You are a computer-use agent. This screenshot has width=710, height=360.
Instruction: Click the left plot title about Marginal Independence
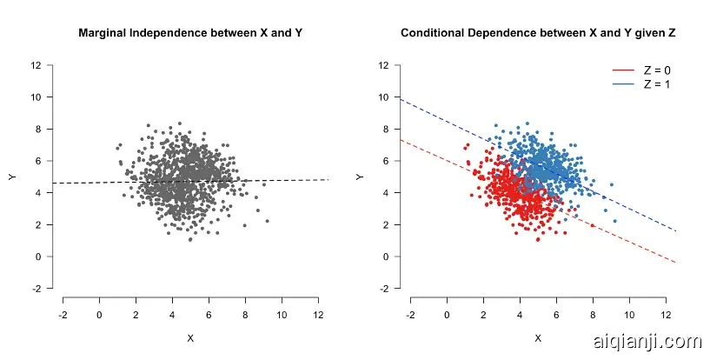click(189, 34)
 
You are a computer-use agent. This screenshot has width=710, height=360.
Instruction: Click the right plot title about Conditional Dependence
click(538, 34)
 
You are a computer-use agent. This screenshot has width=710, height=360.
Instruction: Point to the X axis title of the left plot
click(189, 337)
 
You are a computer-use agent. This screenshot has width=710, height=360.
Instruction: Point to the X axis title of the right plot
click(538, 337)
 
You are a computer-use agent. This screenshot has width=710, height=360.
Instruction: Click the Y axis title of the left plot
click(11, 177)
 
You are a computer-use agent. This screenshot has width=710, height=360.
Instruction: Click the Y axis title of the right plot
click(359, 177)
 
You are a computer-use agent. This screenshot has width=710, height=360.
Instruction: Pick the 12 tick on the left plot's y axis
click(36, 65)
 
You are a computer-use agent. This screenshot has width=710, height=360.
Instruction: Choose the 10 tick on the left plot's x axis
click(282, 314)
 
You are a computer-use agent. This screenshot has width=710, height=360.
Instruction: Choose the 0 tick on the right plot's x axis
click(447, 314)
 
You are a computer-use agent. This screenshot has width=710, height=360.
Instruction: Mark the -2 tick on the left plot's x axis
click(63, 314)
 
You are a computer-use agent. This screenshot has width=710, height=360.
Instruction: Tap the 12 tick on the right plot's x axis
click(666, 314)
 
